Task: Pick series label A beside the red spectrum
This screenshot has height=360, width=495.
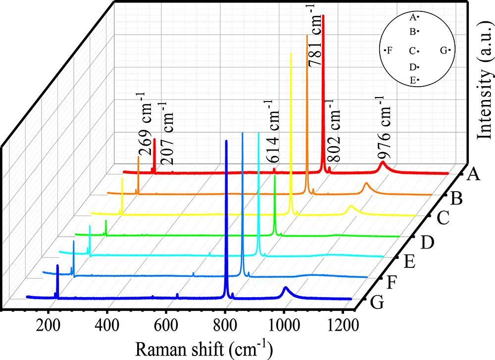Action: pyautogui.click(x=474, y=174)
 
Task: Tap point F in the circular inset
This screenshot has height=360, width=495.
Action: pyautogui.click(x=388, y=50)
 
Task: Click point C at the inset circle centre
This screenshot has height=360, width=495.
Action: pyautogui.click(x=415, y=51)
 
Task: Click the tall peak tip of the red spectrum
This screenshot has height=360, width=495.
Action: pyautogui.click(x=323, y=16)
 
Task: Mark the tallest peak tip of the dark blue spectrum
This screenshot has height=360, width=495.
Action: pyautogui.click(x=226, y=141)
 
